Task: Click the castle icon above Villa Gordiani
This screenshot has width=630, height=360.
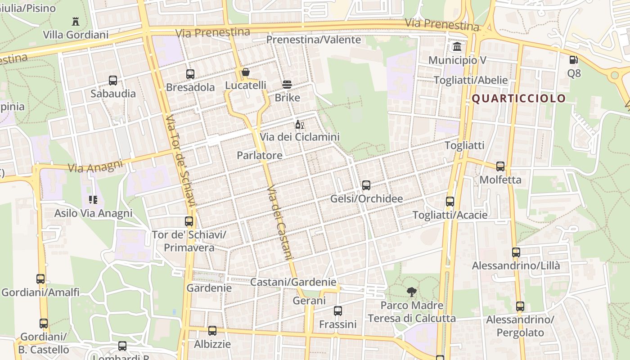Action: pyautogui.click(x=76, y=21)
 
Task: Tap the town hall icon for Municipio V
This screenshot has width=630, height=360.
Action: pyautogui.click(x=457, y=46)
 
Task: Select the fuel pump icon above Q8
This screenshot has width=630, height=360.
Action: pyautogui.click(x=574, y=59)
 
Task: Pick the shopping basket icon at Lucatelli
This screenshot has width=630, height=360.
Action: pyautogui.click(x=246, y=72)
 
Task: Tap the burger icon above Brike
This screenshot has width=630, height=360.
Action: pyautogui.click(x=287, y=84)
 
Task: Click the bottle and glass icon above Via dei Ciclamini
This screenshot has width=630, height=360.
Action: pyautogui.click(x=300, y=124)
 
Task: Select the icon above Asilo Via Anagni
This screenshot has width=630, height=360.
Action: pyautogui.click(x=93, y=199)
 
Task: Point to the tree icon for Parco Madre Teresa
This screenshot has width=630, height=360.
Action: pyautogui.click(x=411, y=292)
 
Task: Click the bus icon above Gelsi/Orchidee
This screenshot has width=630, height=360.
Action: pyautogui.click(x=366, y=185)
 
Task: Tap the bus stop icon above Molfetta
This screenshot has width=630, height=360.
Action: pyautogui.click(x=500, y=166)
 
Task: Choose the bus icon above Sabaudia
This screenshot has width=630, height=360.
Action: pyautogui.click(x=113, y=81)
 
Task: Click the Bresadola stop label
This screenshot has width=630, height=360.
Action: pyautogui.click(x=190, y=87)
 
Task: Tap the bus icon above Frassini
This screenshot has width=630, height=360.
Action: pyautogui.click(x=338, y=310)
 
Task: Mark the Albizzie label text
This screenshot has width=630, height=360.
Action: pyautogui.click(x=212, y=344)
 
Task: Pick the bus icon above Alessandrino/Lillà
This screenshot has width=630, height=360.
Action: pyautogui.click(x=516, y=252)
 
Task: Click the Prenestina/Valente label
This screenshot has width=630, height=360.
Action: pyautogui.click(x=314, y=40)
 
